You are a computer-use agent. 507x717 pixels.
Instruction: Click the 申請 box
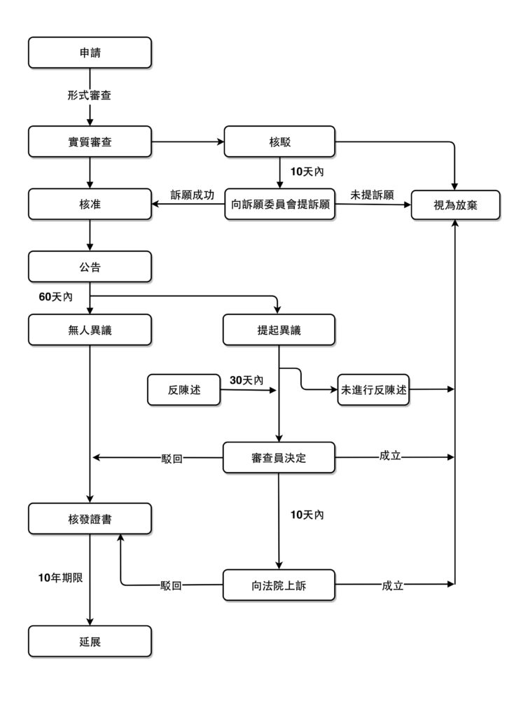[90, 53]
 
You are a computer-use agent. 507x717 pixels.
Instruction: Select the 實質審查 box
[90, 141]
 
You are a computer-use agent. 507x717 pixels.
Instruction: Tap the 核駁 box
[279, 141]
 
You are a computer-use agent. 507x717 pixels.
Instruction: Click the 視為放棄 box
[455, 205]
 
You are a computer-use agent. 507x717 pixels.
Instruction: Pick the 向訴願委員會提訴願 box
[279, 205]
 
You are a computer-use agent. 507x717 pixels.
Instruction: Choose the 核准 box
[90, 205]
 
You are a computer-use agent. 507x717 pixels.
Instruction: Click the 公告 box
[90, 267]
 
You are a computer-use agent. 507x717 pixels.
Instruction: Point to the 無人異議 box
[90, 330]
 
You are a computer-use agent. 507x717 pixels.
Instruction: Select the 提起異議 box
[279, 330]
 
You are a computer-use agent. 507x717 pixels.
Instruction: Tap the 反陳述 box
[184, 389]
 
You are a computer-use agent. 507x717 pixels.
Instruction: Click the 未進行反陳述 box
[373, 389]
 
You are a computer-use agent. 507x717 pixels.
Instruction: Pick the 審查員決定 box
[279, 458]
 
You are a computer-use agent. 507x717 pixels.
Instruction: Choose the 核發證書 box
[90, 519]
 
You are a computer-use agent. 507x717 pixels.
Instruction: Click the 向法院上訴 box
[279, 585]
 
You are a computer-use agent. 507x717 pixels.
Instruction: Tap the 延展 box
[90, 641]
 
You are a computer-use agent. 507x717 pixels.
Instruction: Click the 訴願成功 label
[192, 194]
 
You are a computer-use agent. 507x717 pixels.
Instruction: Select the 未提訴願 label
[372, 194]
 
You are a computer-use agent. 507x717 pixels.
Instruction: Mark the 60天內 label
[56, 297]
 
